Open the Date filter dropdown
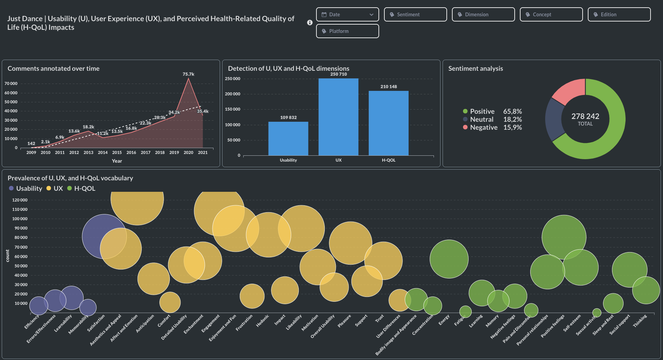[347, 15]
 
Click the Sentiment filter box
[415, 15]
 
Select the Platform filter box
[347, 31]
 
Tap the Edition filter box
[619, 15]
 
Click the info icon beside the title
[310, 23]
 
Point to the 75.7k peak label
[189, 74]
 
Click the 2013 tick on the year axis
[88, 153]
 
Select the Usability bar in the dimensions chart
[288, 138]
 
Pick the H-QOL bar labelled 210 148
[389, 123]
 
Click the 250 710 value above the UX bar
[339, 74]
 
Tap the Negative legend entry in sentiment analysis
[483, 128]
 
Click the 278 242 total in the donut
[585, 117]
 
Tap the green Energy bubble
[449, 259]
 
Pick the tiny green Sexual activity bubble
[597, 312]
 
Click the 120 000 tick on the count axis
[20, 200]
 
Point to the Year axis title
[117, 161]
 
